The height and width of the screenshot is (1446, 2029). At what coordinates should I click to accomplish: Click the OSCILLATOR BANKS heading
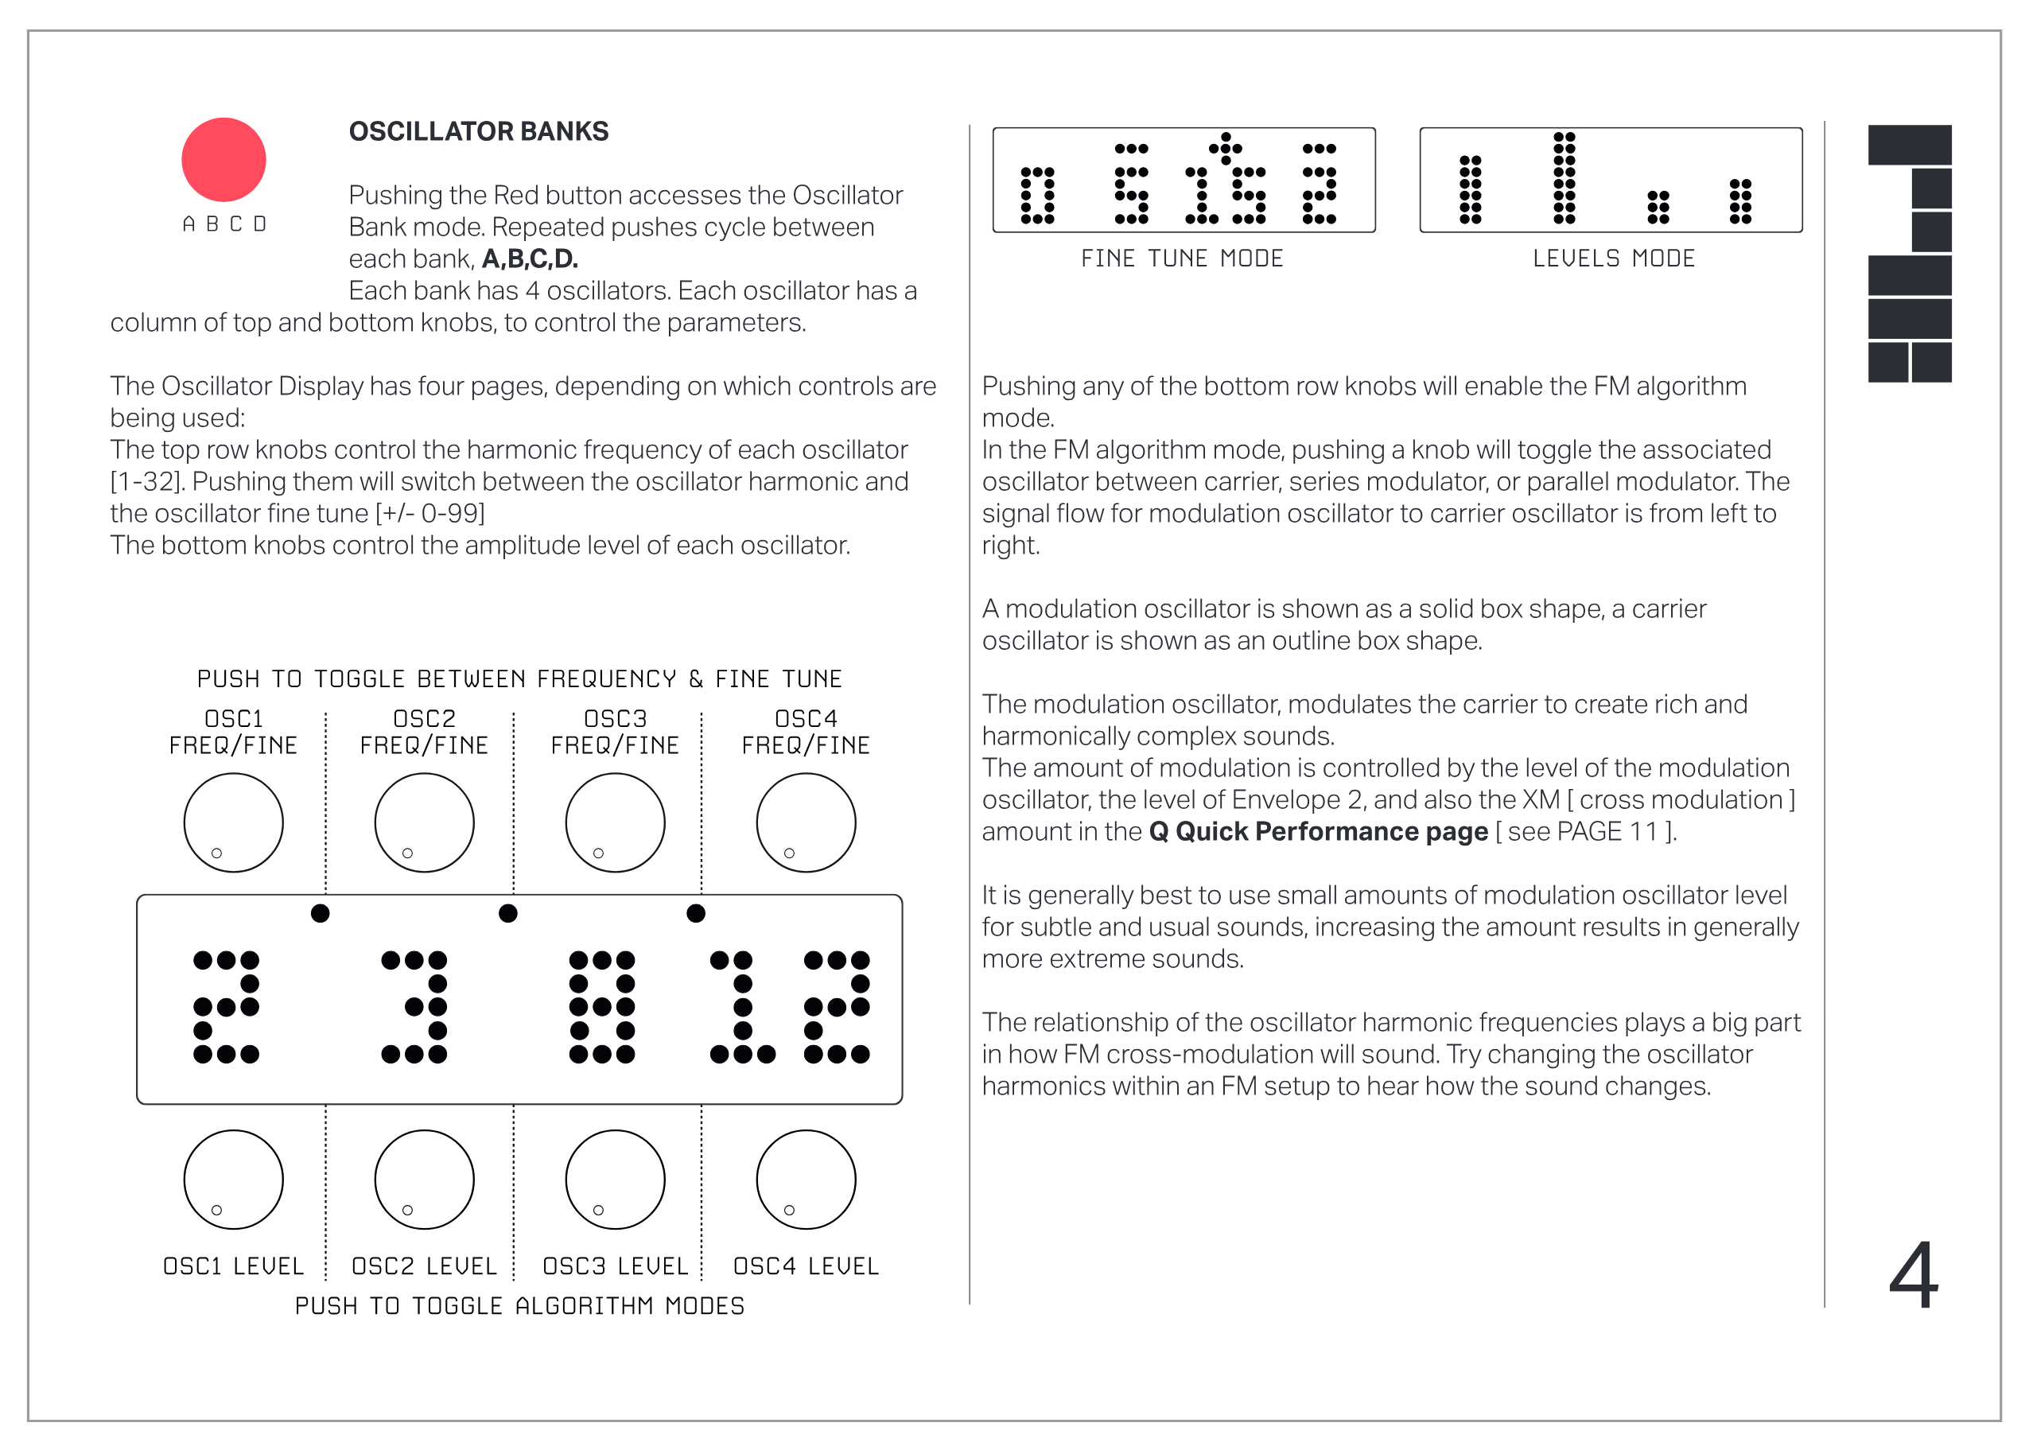coord(478,132)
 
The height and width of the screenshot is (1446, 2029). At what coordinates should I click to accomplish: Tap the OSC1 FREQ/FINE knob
coord(233,822)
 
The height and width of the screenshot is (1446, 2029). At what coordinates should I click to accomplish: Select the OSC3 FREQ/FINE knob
coord(614,822)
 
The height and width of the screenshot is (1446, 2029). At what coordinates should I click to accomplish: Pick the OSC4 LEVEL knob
coord(805,1179)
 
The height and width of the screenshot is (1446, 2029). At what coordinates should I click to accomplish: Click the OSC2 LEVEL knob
coord(424,1179)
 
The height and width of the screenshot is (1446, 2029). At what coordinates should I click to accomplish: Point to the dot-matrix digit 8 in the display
coord(602,1007)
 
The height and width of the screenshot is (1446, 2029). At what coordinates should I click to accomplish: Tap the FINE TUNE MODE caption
coord(1181,258)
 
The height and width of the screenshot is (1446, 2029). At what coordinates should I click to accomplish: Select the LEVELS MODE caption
coord(1612,258)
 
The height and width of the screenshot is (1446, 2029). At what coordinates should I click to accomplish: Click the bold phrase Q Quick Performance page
coord(1318,832)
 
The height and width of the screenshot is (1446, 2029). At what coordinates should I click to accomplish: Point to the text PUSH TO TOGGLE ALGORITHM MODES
coord(519,1305)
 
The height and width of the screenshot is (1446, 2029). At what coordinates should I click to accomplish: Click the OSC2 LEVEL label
coord(424,1265)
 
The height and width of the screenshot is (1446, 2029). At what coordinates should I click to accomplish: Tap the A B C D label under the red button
coord(224,224)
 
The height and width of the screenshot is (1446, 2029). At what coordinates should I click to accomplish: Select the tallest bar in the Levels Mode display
coord(1564,177)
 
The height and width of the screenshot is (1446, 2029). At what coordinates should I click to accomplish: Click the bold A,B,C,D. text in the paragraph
coord(530,259)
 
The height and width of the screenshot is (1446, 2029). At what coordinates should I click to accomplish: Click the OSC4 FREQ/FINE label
coord(805,732)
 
